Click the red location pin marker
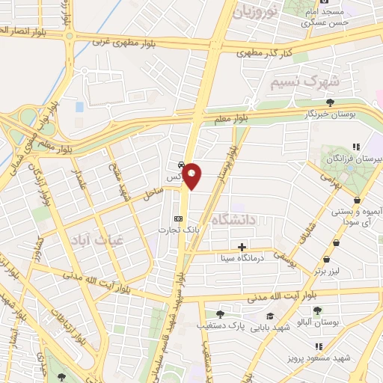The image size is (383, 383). point(192,175)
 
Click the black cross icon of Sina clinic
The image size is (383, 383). point(242,247)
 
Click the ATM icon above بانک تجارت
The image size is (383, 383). point(177,218)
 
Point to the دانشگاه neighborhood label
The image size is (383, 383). point(234,219)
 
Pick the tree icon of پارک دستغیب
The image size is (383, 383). point(219,314)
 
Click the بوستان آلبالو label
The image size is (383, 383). point(319,322)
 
